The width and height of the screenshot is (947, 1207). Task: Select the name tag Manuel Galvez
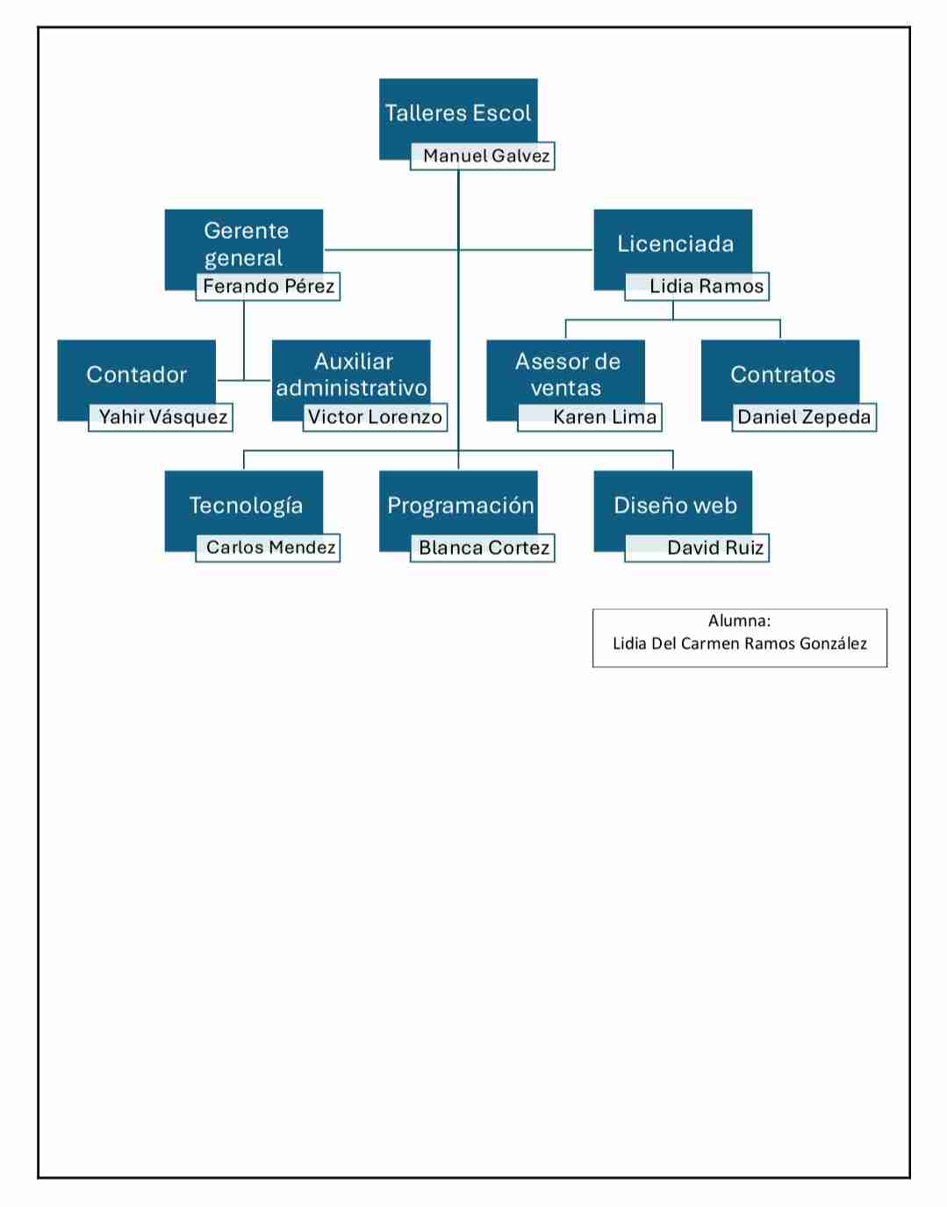pyautogui.click(x=483, y=156)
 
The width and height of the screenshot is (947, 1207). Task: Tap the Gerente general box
pyautogui.click(x=244, y=244)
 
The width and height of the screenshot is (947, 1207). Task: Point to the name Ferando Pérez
pyautogui.click(x=268, y=287)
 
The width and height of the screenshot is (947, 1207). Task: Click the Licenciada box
pyautogui.click(x=673, y=244)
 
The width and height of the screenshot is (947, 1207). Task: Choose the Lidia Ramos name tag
pyautogui.click(x=697, y=287)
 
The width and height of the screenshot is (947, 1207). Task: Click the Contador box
pyautogui.click(x=137, y=375)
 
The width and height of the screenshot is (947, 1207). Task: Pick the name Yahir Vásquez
pyautogui.click(x=161, y=417)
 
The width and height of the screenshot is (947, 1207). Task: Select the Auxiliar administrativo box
pyautogui.click(x=351, y=375)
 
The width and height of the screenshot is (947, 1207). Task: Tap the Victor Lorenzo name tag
pyautogui.click(x=376, y=417)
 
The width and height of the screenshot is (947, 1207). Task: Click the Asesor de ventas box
pyautogui.click(x=565, y=375)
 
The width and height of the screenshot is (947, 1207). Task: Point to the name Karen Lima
pyautogui.click(x=590, y=417)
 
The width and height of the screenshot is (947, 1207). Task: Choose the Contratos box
pyautogui.click(x=780, y=375)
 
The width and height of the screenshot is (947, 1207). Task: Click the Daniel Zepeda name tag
pyautogui.click(x=804, y=417)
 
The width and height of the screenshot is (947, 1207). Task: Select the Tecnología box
pyautogui.click(x=244, y=506)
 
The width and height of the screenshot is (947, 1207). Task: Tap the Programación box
pyautogui.click(x=458, y=506)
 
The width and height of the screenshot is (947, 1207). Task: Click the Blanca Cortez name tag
pyautogui.click(x=483, y=549)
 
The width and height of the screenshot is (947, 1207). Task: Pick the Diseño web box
pyautogui.click(x=673, y=506)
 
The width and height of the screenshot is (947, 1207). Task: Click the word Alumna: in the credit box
pyautogui.click(x=739, y=621)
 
